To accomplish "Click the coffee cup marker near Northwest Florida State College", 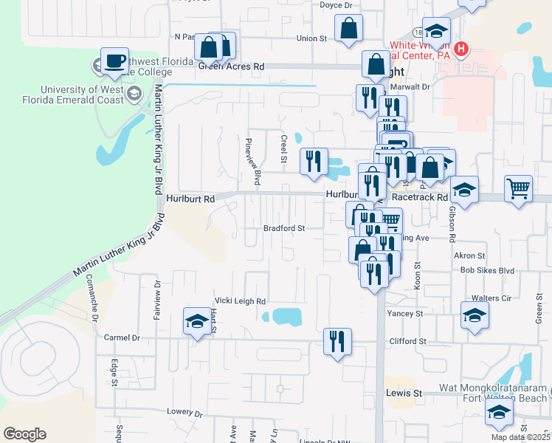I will coord(114,62).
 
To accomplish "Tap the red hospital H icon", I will coord(462,49).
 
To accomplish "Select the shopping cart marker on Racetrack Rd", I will coord(519,188).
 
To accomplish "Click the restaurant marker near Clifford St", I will coord(337,341).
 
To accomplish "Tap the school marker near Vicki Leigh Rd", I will coord(196,320).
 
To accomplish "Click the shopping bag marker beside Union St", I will coord(348,30).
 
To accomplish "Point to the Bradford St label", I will coord(285,229).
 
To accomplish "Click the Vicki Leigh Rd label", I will coord(240,301).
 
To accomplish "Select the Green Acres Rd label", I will coord(231,66).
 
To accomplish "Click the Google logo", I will coord(24,434).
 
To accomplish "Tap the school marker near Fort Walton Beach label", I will coord(499,412).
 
